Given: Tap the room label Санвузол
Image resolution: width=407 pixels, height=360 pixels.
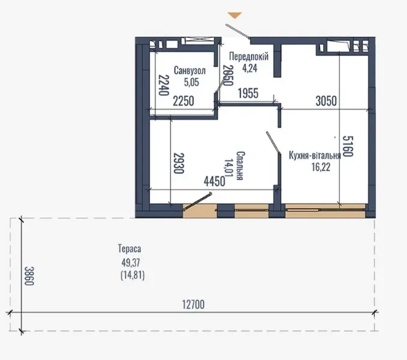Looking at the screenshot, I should pos(190,70).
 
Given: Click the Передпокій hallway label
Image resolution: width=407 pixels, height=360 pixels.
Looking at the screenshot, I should pos(248,56).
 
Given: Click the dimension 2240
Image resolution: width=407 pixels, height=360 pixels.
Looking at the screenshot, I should pos(161,85).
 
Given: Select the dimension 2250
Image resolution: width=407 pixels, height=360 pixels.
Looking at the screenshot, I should pos(183,101).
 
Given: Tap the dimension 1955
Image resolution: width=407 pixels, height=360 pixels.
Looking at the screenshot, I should pos(249,93).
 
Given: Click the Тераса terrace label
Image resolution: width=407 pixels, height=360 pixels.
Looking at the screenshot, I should pos(130,248).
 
